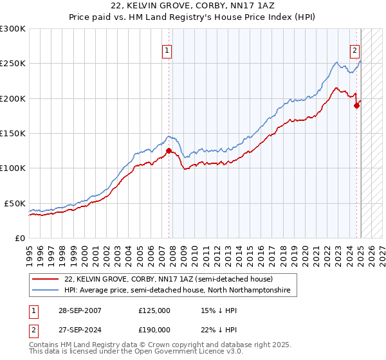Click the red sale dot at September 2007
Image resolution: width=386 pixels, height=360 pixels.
tap(169, 151)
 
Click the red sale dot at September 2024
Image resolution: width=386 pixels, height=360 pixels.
tap(356, 106)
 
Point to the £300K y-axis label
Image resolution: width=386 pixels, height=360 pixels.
tap(12, 29)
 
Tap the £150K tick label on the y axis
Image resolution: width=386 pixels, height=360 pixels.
tap(12, 133)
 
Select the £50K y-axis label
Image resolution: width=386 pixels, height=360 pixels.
tap(14, 203)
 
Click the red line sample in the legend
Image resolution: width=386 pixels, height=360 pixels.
tap(45, 279)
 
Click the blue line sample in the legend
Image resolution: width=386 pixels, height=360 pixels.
tap(45, 291)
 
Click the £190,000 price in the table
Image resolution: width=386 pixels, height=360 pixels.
tap(154, 328)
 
